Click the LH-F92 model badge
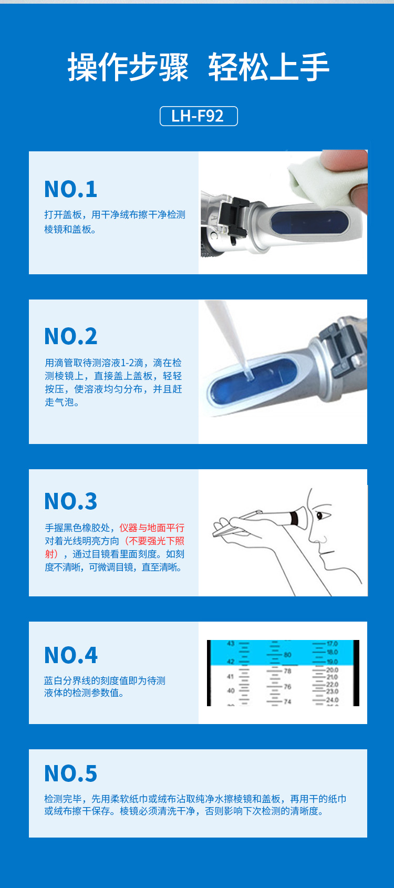point(199,116)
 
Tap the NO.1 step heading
point(71,189)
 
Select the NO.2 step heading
point(71,336)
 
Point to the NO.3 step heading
point(71,501)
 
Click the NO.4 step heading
point(71,655)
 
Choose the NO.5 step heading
point(71,773)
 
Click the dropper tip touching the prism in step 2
point(248,374)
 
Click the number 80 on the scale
point(287,655)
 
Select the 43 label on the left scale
point(231,644)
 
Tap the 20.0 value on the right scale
point(332,670)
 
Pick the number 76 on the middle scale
point(287,686)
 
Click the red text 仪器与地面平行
point(152,528)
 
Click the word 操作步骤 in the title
point(128,67)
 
